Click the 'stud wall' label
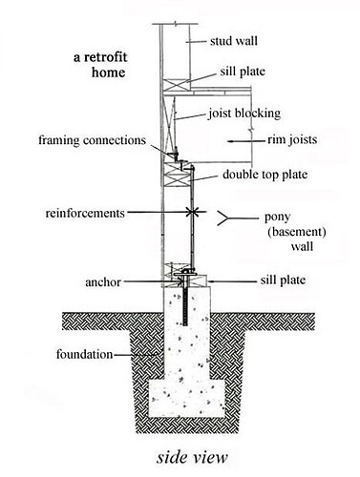coord(234,41)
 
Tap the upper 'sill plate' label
coord(243,72)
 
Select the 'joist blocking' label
coord(244,114)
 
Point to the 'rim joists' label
coord(292,139)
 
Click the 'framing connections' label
coord(93,140)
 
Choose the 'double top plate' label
coord(265,175)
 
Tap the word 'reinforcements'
coord(85,213)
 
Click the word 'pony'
coord(278,218)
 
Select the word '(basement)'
coord(297,232)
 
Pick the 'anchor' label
coord(103,282)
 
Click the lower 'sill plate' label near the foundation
coord(283,280)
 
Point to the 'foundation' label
coord(84,354)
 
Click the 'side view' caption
coord(192,458)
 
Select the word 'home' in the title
coord(108,73)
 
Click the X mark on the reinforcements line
coord(191,212)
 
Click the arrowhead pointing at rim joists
coord(230,140)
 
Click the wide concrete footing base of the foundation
coord(187,399)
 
